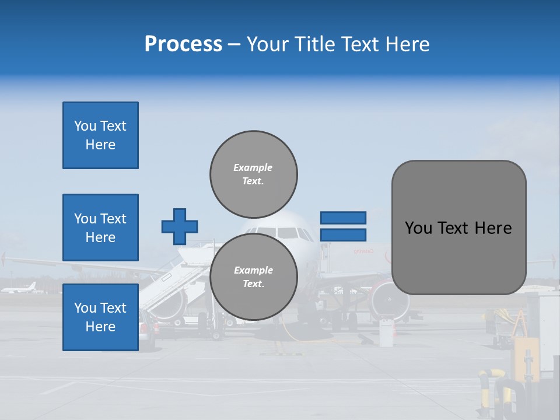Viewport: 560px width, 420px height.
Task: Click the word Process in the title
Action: (x=183, y=44)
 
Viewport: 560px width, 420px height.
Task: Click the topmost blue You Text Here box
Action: (x=100, y=135)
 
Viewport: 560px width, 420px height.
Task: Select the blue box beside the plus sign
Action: (x=100, y=228)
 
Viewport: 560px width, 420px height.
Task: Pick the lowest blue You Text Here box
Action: (x=100, y=317)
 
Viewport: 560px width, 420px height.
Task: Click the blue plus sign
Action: (x=180, y=226)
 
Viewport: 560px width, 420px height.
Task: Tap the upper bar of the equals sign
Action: (x=343, y=218)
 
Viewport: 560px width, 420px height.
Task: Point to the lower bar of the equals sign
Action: (x=343, y=235)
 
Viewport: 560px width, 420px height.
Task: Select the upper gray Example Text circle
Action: (x=254, y=174)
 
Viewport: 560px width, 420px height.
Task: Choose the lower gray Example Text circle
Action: (x=254, y=276)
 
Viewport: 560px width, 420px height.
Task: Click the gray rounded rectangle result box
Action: (x=459, y=228)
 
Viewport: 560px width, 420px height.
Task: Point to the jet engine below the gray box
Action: (x=389, y=301)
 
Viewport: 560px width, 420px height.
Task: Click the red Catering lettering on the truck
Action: (x=362, y=251)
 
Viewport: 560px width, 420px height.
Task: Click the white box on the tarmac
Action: (x=386, y=332)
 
